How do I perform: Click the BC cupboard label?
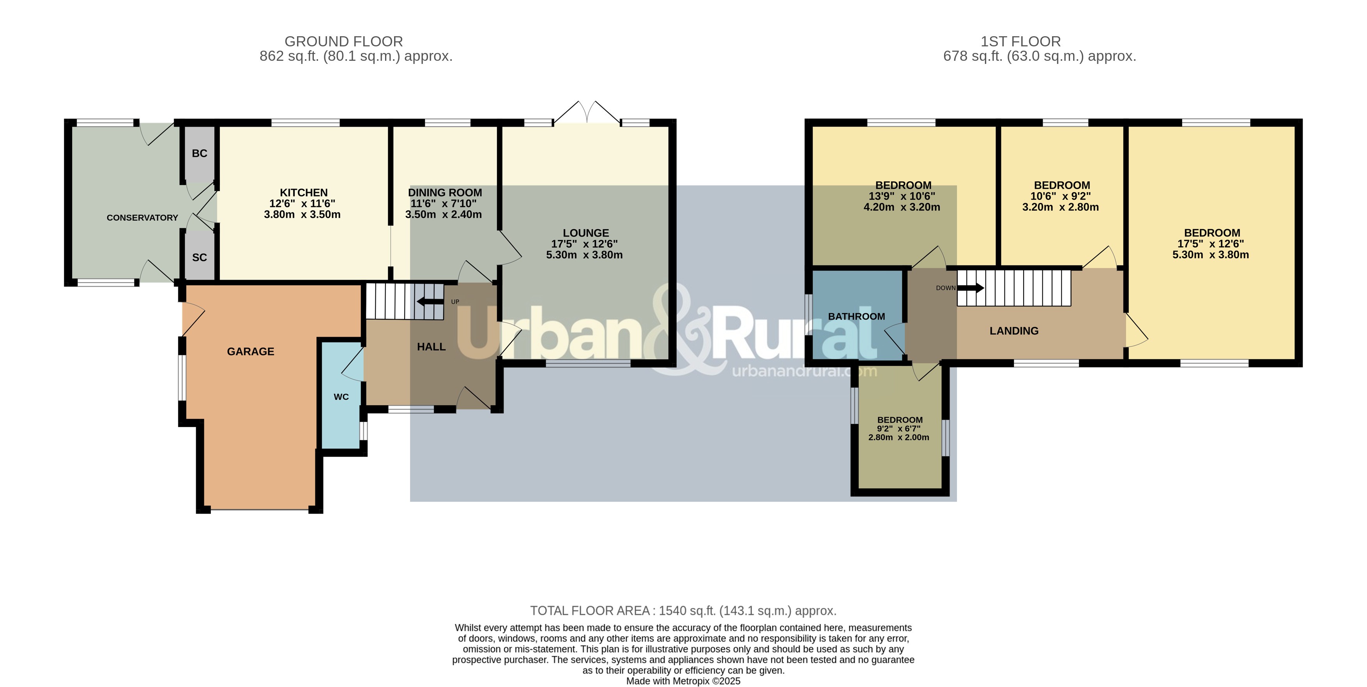pyautogui.click(x=199, y=153)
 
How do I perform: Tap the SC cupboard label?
pyautogui.click(x=199, y=257)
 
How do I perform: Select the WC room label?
pyautogui.click(x=341, y=397)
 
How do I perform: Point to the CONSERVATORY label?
pyautogui.click(x=142, y=217)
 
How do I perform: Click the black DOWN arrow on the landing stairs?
pyautogui.click(x=971, y=288)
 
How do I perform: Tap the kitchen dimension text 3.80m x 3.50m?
pyautogui.click(x=302, y=215)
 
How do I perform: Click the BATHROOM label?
pyautogui.click(x=856, y=316)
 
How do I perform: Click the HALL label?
pyautogui.click(x=431, y=347)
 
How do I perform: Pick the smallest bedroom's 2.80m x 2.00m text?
pyautogui.click(x=898, y=438)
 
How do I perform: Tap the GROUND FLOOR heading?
pyautogui.click(x=343, y=41)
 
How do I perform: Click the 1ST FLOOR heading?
pyautogui.click(x=1020, y=41)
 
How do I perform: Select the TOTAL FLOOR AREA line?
pyautogui.click(x=683, y=611)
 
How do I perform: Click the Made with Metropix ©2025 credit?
pyautogui.click(x=683, y=681)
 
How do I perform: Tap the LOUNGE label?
pyautogui.click(x=585, y=233)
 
